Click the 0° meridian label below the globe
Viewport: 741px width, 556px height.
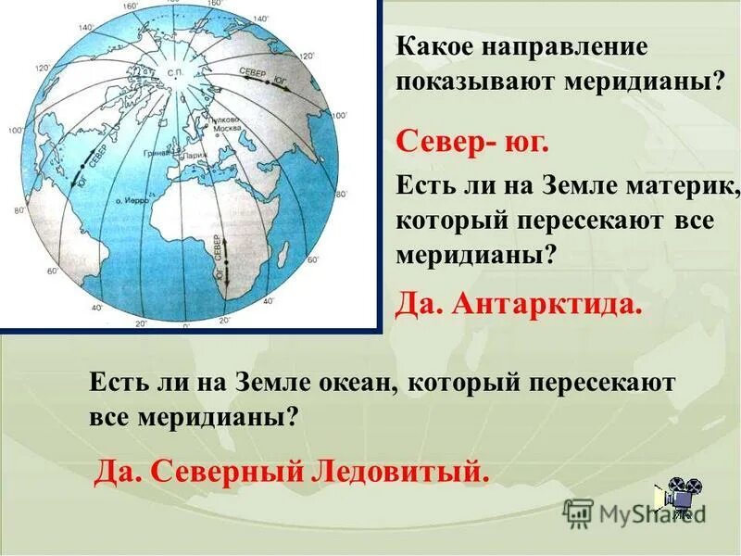185,326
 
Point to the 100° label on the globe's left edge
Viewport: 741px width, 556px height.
16,130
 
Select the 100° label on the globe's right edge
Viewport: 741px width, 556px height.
340,115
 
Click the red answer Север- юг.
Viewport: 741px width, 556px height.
472,144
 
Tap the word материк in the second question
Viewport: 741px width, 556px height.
678,188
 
